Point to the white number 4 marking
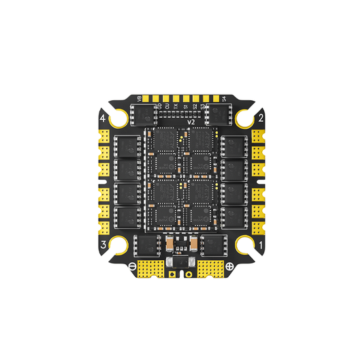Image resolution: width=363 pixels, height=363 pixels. (x=103, y=119)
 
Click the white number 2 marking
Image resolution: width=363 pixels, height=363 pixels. (x=261, y=119)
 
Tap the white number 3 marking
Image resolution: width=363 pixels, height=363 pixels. (x=103, y=244)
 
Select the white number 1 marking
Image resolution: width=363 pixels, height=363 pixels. (x=261, y=244)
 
